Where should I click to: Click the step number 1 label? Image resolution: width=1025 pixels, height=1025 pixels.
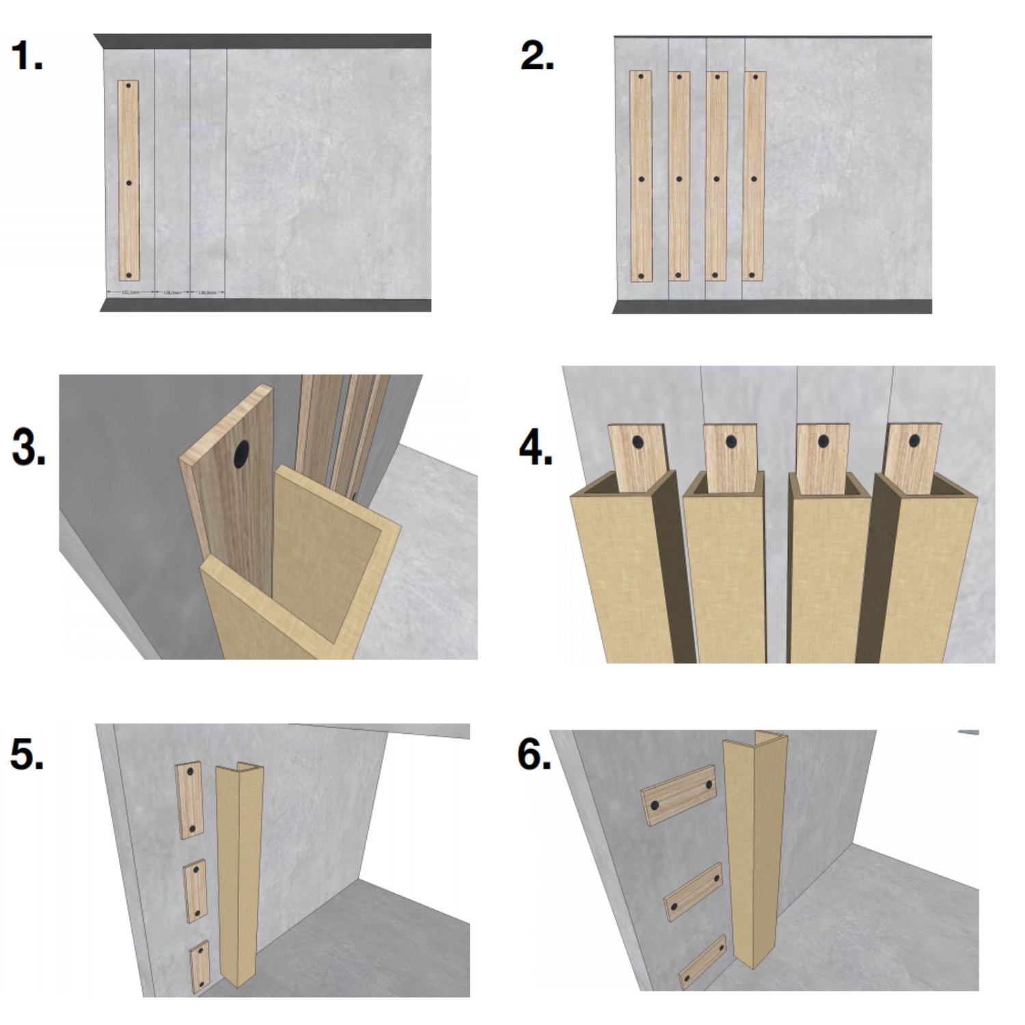point(27,56)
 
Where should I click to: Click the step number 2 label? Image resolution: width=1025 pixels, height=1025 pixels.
point(536,56)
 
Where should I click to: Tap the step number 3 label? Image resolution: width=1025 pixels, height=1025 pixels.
point(29,448)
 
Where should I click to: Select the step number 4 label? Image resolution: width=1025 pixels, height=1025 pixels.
point(536,450)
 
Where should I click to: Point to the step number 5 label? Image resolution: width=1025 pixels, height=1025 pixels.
point(27,754)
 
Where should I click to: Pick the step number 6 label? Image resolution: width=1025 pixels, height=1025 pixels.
point(534,754)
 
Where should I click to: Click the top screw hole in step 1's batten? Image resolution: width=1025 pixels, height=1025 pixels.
point(128,85)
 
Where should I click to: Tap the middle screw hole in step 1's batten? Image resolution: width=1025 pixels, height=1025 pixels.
point(128,183)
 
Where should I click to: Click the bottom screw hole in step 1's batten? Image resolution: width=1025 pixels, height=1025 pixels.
point(128,275)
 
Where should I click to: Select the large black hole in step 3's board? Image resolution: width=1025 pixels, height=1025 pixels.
point(242,454)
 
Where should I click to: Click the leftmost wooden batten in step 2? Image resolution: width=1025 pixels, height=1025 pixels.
point(641,176)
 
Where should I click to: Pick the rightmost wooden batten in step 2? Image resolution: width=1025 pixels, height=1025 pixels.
point(754,176)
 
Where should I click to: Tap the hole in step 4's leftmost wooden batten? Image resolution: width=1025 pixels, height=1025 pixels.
point(638,442)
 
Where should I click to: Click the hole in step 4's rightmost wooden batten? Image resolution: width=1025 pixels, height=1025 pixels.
point(914,441)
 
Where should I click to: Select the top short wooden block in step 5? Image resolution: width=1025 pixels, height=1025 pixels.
point(190,800)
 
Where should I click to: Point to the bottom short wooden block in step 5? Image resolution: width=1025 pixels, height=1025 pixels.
point(200,967)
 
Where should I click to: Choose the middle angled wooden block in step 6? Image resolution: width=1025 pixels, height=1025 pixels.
point(694,892)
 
